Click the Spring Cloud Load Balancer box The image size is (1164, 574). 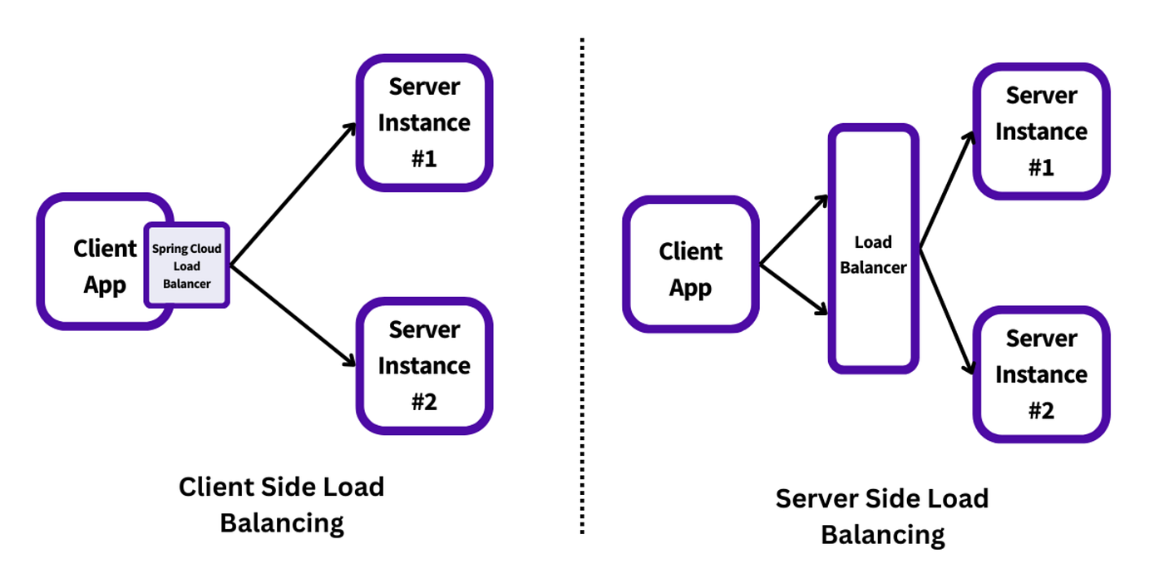click(x=187, y=266)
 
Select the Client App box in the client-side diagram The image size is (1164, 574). click(x=91, y=266)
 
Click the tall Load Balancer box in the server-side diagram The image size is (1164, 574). click(x=873, y=250)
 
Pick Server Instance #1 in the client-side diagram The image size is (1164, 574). click(x=424, y=122)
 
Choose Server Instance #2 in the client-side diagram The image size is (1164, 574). click(x=424, y=366)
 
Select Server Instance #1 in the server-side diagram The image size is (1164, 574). click(x=1041, y=131)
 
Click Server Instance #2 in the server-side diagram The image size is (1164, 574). click(x=1041, y=374)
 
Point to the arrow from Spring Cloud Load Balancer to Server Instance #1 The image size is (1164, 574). click(x=291, y=195)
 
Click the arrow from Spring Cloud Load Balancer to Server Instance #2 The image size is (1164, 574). click(x=291, y=316)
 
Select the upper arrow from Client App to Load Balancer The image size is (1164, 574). click(x=794, y=231)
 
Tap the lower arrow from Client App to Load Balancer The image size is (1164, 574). click(x=794, y=291)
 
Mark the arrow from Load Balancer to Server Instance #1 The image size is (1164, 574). click(x=946, y=191)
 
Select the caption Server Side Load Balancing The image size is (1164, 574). click(x=882, y=517)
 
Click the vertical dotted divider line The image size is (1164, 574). click(x=581, y=283)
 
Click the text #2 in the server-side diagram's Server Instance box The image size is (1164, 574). click(x=1041, y=410)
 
